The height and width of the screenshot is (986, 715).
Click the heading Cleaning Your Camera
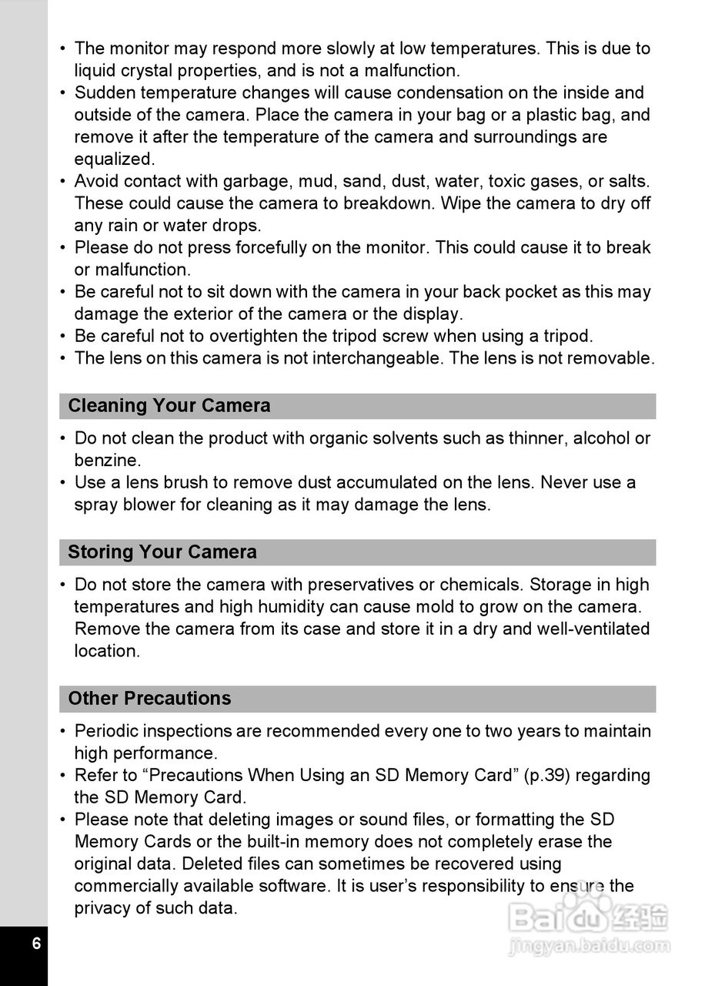point(169,406)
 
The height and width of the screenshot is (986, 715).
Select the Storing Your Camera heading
point(162,552)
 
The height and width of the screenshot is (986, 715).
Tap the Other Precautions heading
point(149,699)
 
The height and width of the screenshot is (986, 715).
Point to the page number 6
point(36,944)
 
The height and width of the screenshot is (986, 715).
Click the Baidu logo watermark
point(589,917)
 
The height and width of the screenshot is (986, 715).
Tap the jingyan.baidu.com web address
point(589,946)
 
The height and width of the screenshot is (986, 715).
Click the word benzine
point(108,461)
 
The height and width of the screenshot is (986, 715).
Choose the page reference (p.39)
point(546,776)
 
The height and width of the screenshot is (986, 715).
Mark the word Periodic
point(106,731)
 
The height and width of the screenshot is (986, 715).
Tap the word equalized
point(114,159)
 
